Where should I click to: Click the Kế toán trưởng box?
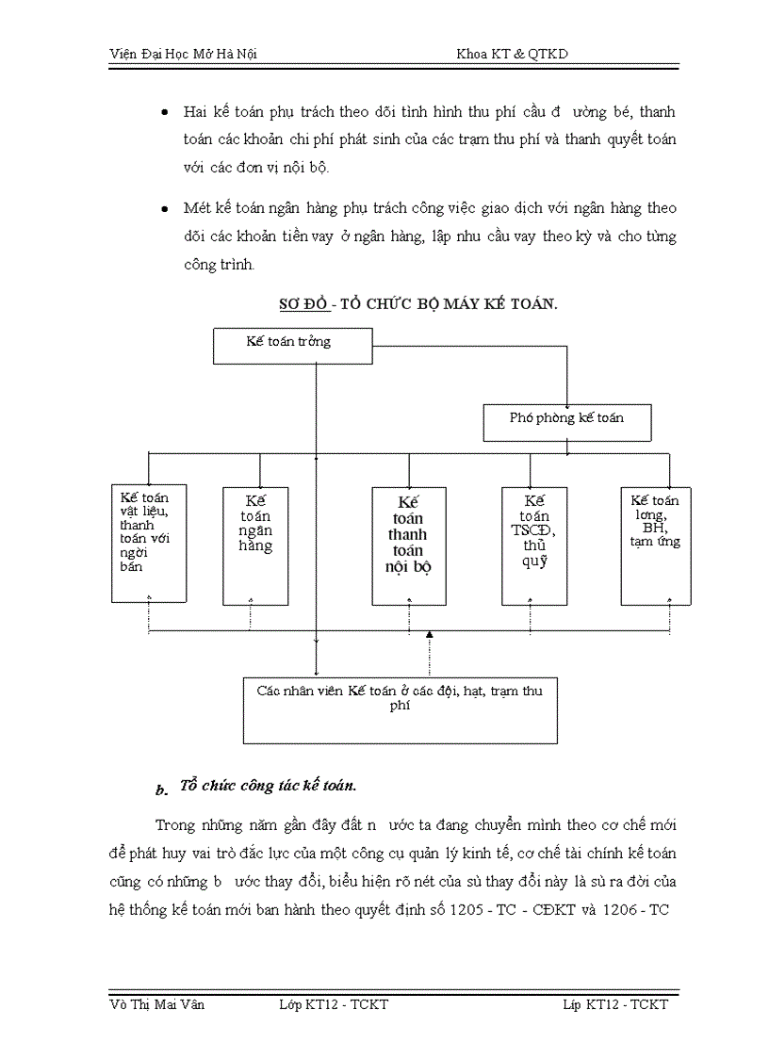click(x=292, y=345)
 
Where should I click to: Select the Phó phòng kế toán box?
click(x=566, y=423)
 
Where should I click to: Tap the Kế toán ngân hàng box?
click(x=255, y=545)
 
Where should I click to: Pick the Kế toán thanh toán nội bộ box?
click(x=409, y=545)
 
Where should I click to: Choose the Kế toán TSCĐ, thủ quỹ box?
click(x=534, y=545)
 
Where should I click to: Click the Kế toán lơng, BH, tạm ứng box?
click(x=655, y=545)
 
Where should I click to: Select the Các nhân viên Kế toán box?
click(x=400, y=709)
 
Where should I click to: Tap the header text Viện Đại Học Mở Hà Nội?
click(x=183, y=55)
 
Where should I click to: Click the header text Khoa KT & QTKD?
click(x=512, y=55)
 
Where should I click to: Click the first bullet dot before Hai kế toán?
click(x=165, y=112)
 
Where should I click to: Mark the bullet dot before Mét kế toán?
click(x=165, y=208)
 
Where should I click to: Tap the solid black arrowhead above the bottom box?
click(x=430, y=636)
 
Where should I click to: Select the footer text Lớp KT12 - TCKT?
click(x=334, y=1004)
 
